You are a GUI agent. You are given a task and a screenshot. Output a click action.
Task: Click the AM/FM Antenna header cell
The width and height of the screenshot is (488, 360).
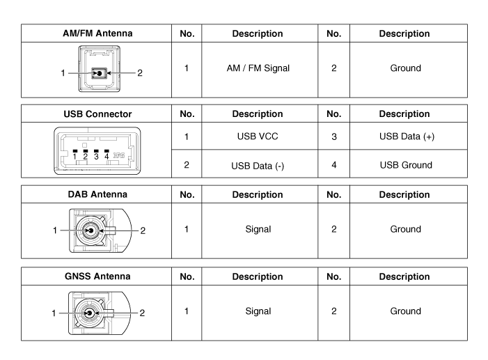click(97, 33)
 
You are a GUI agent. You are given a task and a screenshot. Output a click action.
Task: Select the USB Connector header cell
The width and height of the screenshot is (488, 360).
click(97, 114)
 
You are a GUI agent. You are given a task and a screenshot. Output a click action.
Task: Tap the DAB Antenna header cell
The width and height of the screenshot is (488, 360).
click(97, 196)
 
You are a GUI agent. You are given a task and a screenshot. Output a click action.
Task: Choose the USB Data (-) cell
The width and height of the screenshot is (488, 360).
click(256, 165)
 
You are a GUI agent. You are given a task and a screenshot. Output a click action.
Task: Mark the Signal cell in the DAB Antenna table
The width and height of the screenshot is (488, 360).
click(256, 229)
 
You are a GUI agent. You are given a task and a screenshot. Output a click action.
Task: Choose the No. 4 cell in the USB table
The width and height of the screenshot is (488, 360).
click(333, 165)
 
